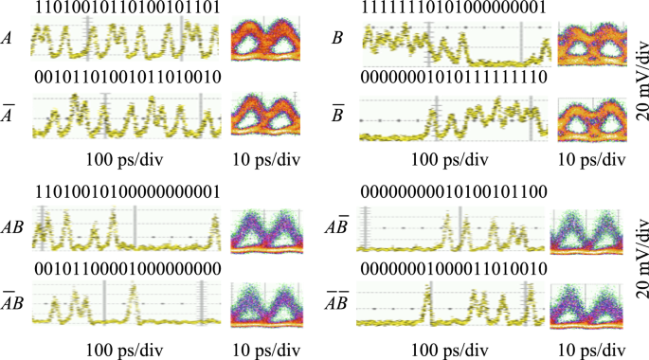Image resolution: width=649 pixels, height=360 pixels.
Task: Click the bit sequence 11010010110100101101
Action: [x=127, y=9]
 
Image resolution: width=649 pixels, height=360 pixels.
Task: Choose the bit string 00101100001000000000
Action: [x=127, y=268]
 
